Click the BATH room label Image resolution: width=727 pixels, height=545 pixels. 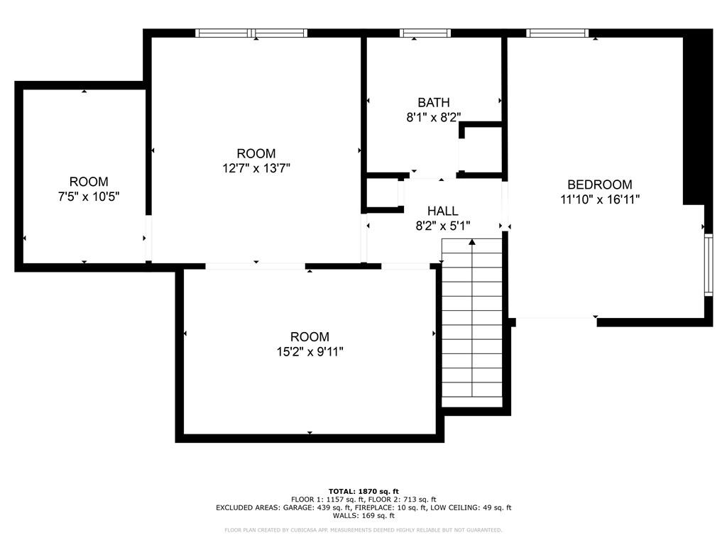pos(433,103)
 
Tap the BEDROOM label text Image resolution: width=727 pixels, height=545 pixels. pos(600,185)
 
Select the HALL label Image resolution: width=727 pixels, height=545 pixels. pos(442,211)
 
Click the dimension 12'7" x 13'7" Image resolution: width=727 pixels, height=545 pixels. pos(256,168)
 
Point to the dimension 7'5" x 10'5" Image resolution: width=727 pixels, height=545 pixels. pos(89,197)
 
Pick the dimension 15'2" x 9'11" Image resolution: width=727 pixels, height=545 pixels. pos(310,351)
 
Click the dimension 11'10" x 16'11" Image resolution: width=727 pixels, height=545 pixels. pos(600,199)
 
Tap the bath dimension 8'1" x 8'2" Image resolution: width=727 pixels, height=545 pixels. pos(433,118)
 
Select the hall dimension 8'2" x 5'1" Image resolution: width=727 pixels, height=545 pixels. pos(442,226)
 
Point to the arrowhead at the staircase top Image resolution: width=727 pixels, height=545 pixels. pos(472,243)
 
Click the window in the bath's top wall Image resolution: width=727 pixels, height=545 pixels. pos(425,33)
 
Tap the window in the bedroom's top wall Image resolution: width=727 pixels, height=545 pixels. pos(557,33)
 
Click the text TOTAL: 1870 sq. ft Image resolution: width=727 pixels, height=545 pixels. pos(363,491)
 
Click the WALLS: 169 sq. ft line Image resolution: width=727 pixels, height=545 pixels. pos(363,516)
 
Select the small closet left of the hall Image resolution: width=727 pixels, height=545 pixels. pos(382,193)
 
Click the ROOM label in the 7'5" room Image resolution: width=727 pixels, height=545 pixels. pos(89,182)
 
